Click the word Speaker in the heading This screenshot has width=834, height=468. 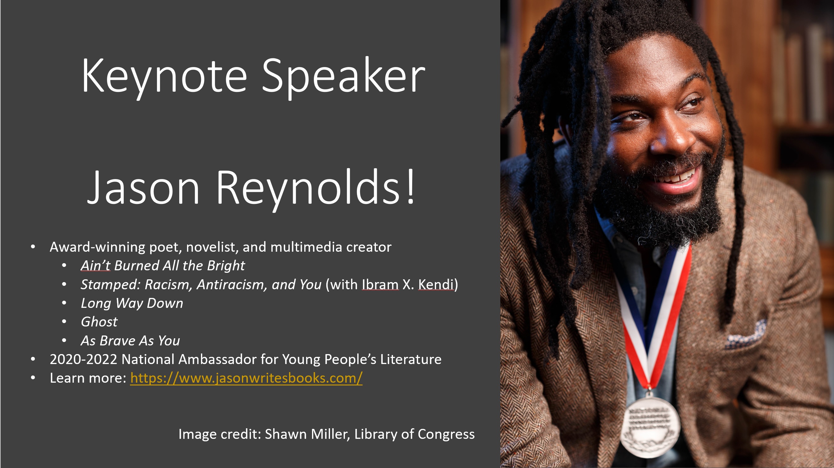pyautogui.click(x=343, y=76)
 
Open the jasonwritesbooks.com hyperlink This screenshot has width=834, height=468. pyautogui.click(x=246, y=378)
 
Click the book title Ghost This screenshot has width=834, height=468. pyautogui.click(x=99, y=322)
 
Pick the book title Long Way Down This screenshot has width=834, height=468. pyautogui.click(x=132, y=303)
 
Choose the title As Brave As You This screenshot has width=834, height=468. pyautogui.click(x=130, y=341)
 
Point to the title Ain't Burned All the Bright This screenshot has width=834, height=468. pyautogui.click(x=163, y=266)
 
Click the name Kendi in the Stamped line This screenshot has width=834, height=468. pyautogui.click(x=436, y=284)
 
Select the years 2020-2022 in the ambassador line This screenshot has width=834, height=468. pyautogui.click(x=83, y=359)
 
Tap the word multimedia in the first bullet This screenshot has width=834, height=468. pyautogui.click(x=306, y=247)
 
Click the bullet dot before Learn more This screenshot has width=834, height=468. pyautogui.click(x=33, y=378)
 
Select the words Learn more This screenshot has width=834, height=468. pyautogui.click(x=87, y=378)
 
